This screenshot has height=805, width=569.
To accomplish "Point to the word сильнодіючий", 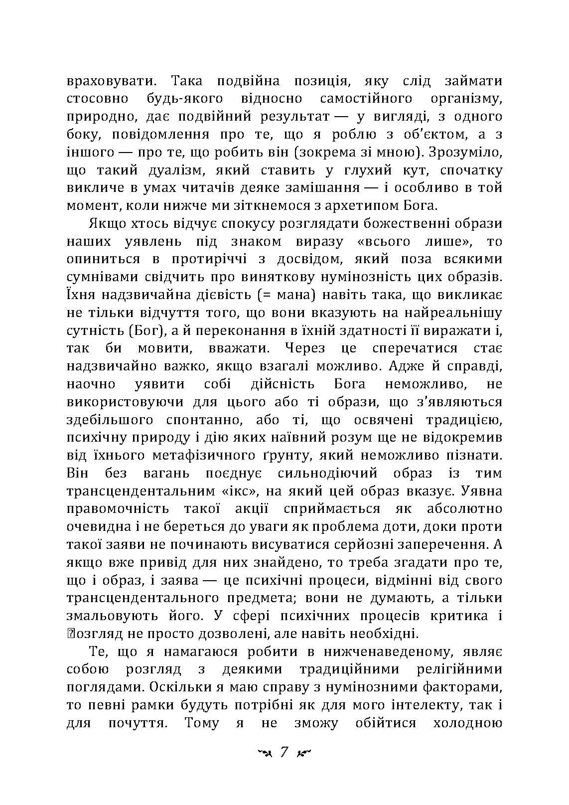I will (x=328, y=473).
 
